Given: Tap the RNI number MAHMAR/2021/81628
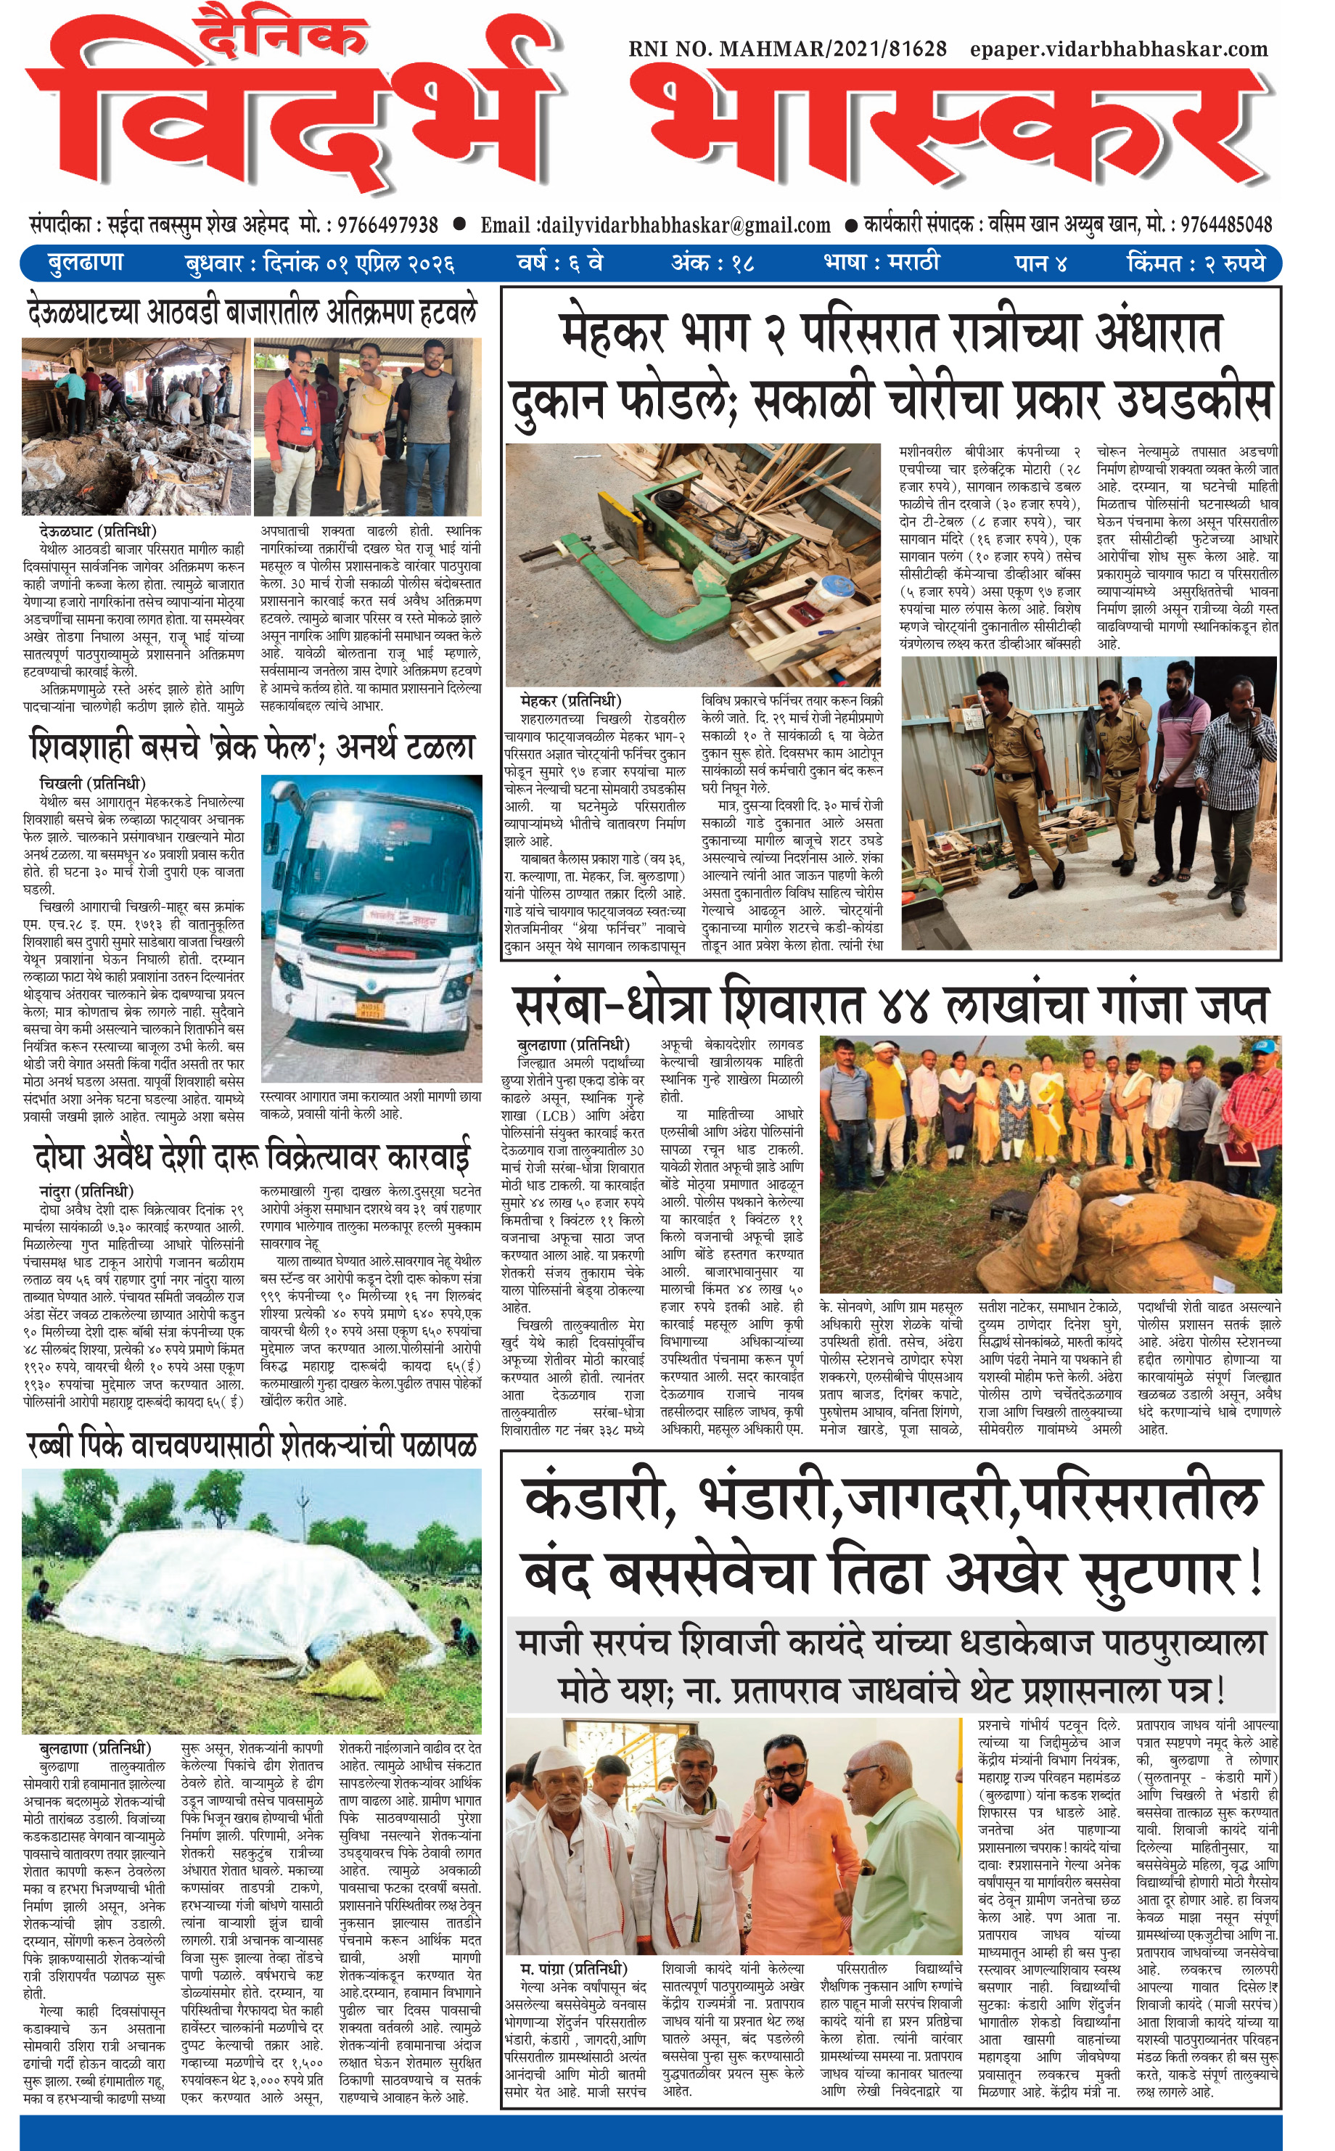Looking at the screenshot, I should click(x=788, y=49).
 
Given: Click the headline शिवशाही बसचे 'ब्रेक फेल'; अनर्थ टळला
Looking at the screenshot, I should click(x=252, y=747).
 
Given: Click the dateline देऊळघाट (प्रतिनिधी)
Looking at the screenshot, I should click(x=97, y=531).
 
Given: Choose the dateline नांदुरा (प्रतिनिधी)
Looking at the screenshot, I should click(x=86, y=1191).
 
